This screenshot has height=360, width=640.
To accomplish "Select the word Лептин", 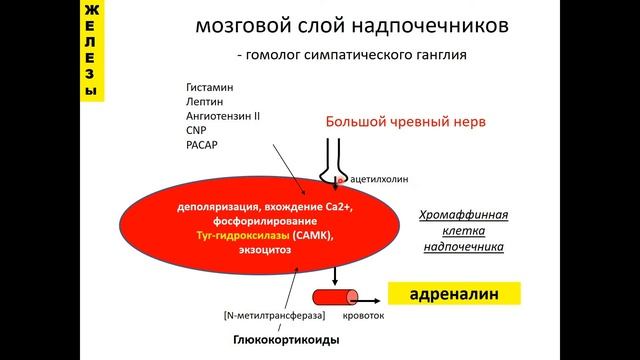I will (202, 101).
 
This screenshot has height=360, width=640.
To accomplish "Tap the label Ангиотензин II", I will (223, 115).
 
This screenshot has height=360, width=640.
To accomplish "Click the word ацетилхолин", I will (380, 180).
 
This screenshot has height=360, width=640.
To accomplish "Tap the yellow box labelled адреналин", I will (454, 297).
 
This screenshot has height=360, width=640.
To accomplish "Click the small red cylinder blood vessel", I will (337, 297).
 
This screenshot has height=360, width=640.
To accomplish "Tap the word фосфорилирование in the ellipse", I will (244, 220).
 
